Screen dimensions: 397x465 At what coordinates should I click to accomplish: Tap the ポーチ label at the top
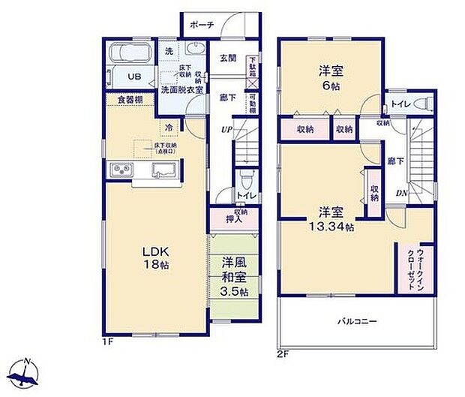[202, 25]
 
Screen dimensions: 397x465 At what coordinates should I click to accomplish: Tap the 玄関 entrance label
[228, 58]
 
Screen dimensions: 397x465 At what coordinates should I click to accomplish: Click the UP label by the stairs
[225, 130]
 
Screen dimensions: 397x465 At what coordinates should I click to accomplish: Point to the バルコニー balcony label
[355, 321]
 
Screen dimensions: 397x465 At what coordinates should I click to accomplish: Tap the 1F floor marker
[108, 341]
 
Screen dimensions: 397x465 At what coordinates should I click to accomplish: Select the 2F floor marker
[282, 352]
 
